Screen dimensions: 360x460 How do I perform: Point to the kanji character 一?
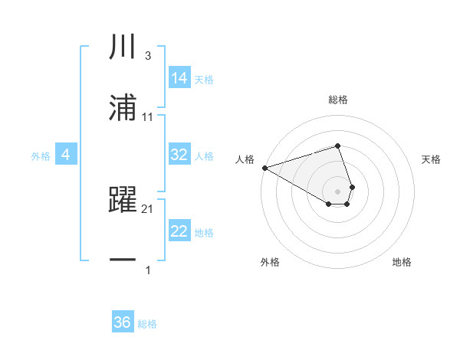pyautogui.click(x=123, y=260)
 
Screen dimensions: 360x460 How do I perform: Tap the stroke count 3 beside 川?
pyautogui.click(x=147, y=56)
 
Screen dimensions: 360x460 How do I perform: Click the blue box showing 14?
pyautogui.click(x=179, y=78)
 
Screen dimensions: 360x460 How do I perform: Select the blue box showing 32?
pyautogui.click(x=179, y=155)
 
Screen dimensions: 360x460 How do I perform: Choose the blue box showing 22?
pyautogui.click(x=179, y=232)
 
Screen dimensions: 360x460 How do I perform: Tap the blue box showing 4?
pyautogui.click(x=66, y=155)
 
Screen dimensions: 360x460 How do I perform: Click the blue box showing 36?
pyautogui.click(x=123, y=322)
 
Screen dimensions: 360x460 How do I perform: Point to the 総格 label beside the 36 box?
pyautogui.click(x=147, y=324)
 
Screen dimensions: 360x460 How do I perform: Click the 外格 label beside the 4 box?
pyautogui.click(x=41, y=156)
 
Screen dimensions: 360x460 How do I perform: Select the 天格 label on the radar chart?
pyautogui.click(x=431, y=159)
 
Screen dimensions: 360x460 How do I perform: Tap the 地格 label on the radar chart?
pyautogui.click(x=402, y=262)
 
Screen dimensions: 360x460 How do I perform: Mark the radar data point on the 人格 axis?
pyautogui.click(x=264, y=168)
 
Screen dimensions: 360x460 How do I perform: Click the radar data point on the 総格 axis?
pyautogui.click(x=337, y=146)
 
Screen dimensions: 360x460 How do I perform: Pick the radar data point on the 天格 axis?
pyautogui.click(x=352, y=187)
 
